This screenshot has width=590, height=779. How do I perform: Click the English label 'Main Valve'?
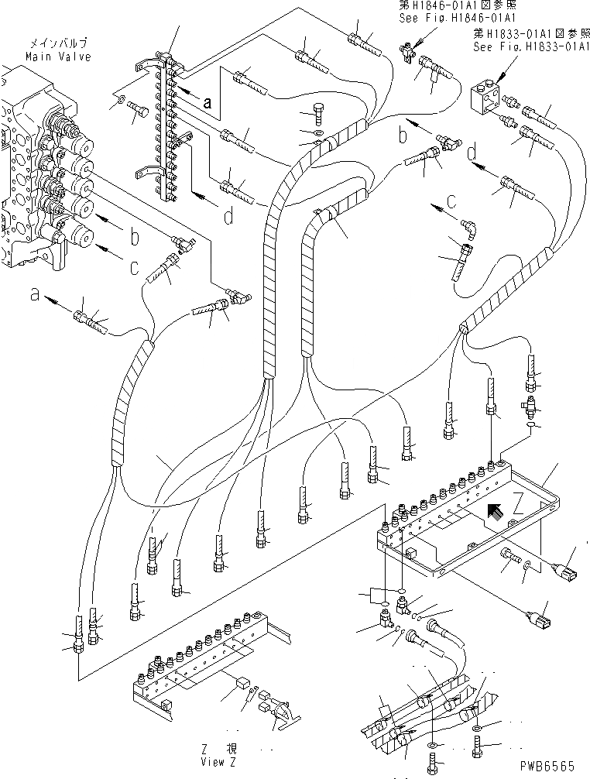(58, 57)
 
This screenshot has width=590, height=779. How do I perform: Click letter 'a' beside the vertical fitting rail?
(207, 101)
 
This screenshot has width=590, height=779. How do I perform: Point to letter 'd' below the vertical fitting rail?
(228, 218)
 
